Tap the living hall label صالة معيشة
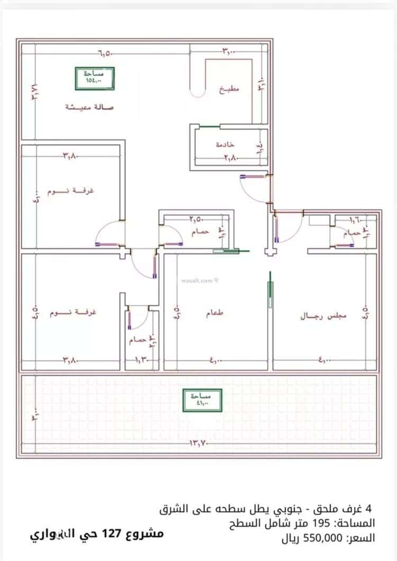point(89,107)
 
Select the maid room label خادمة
point(225,144)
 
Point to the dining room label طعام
point(214,314)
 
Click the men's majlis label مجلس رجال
point(323,316)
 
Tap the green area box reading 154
point(95,78)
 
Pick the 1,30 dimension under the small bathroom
point(142,361)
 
